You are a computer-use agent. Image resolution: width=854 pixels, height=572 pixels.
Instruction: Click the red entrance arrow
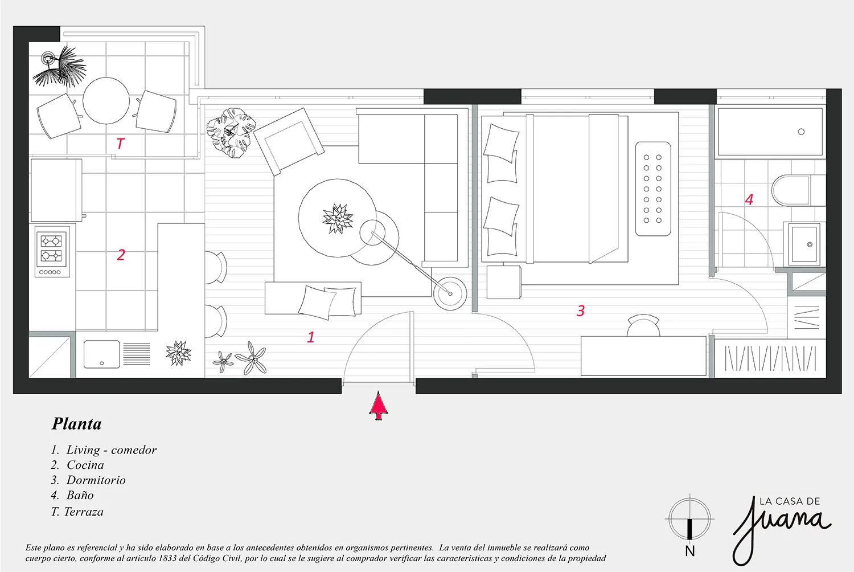click(x=378, y=406)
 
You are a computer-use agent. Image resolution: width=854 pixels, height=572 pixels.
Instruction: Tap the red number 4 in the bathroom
click(x=749, y=199)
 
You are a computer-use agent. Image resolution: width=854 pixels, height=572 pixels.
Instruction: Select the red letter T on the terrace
click(x=121, y=144)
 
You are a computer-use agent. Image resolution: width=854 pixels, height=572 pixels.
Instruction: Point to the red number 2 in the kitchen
click(x=121, y=255)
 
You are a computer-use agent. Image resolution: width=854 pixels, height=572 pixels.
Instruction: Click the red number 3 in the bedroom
click(x=580, y=310)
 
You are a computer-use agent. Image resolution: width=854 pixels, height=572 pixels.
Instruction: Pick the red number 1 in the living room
click(x=311, y=337)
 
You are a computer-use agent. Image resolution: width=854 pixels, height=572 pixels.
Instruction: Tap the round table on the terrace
click(x=106, y=101)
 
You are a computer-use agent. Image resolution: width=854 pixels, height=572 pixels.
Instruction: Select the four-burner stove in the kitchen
click(x=52, y=251)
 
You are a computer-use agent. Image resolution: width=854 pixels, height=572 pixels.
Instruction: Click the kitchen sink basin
click(x=102, y=354)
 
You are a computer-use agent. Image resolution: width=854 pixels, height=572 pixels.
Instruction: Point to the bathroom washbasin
click(x=804, y=244)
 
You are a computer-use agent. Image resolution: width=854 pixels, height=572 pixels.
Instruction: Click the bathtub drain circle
click(x=801, y=132)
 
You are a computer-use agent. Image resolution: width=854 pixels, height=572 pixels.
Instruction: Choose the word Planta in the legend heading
click(x=77, y=424)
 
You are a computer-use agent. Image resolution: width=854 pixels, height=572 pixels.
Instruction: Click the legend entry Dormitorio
click(x=96, y=480)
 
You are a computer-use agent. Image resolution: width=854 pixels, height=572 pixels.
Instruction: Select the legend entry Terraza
click(x=84, y=512)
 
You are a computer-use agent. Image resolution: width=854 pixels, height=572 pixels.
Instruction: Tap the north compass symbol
click(x=689, y=520)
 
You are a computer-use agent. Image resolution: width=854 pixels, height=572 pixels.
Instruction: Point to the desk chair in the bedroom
click(x=643, y=325)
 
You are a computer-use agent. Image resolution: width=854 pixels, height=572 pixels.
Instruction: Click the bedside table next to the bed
click(x=503, y=283)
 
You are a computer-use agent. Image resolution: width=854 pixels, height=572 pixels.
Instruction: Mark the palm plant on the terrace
click(x=60, y=67)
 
